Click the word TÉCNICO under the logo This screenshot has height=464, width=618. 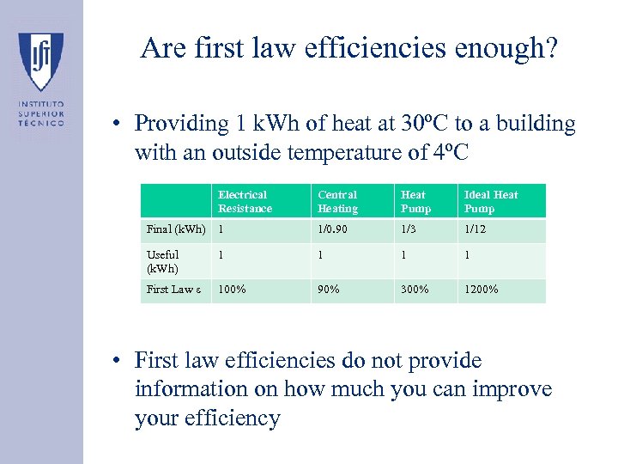[41, 123]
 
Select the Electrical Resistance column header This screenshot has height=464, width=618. [245, 202]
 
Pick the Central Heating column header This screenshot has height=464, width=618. [337, 202]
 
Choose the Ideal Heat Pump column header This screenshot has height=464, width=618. [491, 202]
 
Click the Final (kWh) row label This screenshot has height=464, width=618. [176, 229]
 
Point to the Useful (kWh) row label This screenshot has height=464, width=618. [163, 261]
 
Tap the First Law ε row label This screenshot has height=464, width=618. [174, 290]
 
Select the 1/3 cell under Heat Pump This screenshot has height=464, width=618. [409, 229]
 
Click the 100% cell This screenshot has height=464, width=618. [232, 290]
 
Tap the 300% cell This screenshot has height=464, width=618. [415, 290]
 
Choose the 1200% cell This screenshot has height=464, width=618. [482, 290]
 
